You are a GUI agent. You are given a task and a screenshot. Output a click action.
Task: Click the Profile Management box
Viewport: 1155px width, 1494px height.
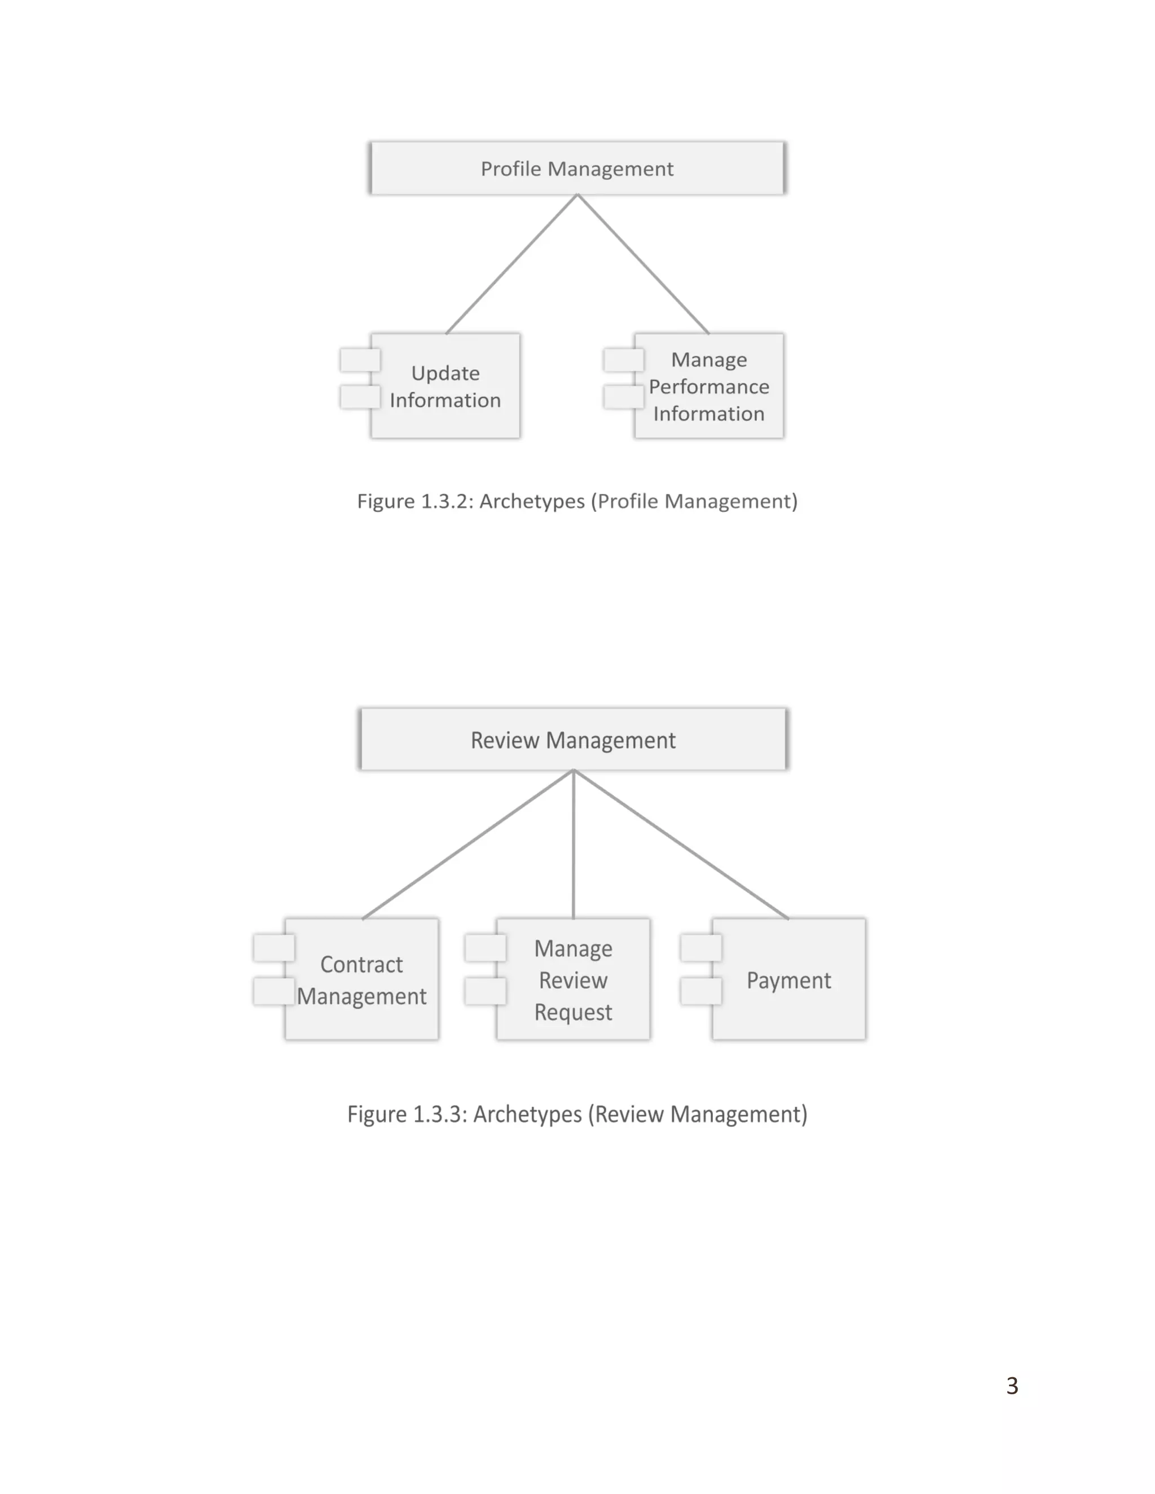pyautogui.click(x=577, y=168)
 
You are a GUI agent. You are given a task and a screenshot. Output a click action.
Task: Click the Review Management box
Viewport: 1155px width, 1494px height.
pyautogui.click(x=574, y=740)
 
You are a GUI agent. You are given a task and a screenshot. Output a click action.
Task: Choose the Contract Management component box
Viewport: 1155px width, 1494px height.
pyautogui.click(x=362, y=980)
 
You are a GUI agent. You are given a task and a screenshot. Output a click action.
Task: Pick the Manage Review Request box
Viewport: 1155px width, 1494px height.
pyautogui.click(x=574, y=980)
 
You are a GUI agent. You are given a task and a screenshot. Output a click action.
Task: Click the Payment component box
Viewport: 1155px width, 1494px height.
pyautogui.click(x=788, y=980)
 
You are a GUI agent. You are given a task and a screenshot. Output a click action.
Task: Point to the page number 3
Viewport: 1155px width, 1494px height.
pyautogui.click(x=1012, y=1385)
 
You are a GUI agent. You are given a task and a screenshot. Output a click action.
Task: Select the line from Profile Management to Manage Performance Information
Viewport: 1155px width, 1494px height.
pyautogui.click(x=643, y=264)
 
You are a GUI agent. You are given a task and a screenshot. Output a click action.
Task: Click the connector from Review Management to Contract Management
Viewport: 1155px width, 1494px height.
pyautogui.click(x=468, y=844)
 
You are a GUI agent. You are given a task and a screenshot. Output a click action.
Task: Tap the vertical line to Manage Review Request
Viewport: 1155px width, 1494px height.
pyautogui.click(x=574, y=844)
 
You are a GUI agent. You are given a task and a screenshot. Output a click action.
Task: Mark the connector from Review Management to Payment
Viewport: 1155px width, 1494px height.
pyautogui.click(x=681, y=844)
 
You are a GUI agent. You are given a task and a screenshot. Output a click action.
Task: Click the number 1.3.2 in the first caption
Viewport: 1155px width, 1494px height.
pyautogui.click(x=447, y=501)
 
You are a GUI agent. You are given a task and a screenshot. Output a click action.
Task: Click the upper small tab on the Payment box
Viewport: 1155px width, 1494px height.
pyautogui.click(x=700, y=948)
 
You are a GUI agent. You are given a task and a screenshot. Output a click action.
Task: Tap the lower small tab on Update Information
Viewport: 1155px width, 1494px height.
pyautogui.click(x=360, y=397)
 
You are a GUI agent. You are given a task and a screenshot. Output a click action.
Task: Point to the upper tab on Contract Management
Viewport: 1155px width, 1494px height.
pyautogui.click(x=274, y=948)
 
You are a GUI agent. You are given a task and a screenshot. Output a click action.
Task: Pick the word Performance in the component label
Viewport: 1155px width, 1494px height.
pyautogui.click(x=709, y=387)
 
